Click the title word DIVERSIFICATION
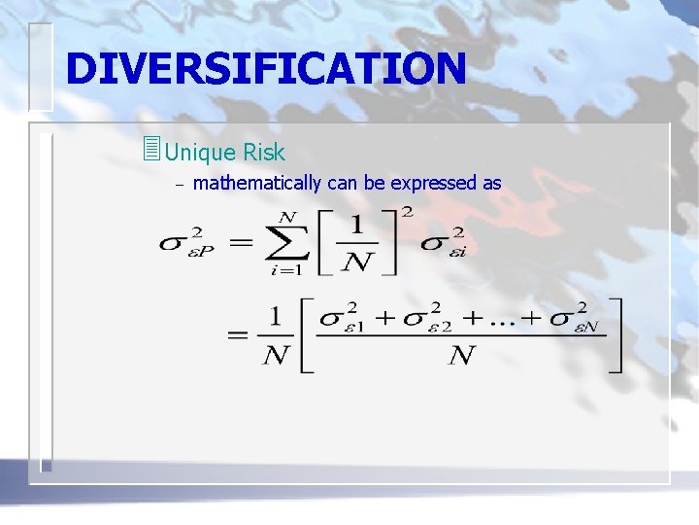[265, 68]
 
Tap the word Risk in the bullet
[264, 153]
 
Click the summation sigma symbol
[286, 242]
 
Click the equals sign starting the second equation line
[238, 334]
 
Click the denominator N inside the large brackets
[462, 356]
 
